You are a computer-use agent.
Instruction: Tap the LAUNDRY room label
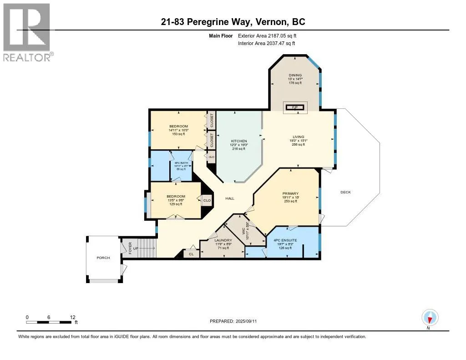[x=223, y=240]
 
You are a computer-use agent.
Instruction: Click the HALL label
[x=229, y=198]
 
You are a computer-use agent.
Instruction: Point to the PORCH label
[x=103, y=258]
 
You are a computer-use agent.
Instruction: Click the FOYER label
[x=130, y=248]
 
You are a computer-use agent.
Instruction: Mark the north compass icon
[x=429, y=317]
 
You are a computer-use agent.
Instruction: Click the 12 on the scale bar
[x=72, y=317]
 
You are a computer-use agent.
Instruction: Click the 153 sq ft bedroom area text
[x=178, y=134]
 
